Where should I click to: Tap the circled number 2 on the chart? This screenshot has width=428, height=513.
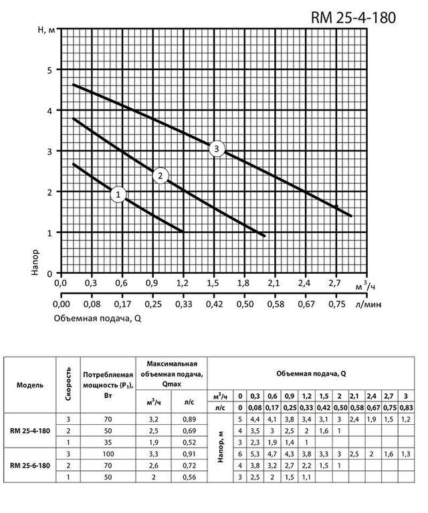161,176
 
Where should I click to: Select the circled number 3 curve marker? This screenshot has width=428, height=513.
217,149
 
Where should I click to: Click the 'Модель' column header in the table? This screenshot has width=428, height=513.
31,386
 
